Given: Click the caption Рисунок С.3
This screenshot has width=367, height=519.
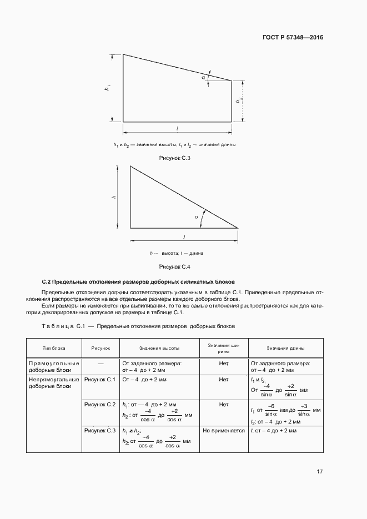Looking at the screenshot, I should [x=175, y=159].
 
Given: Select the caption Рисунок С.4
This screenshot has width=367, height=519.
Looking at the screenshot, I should [x=175, y=267].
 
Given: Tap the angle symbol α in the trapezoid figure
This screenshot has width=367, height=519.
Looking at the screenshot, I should [x=204, y=78].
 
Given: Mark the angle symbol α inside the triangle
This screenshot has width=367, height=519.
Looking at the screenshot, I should [x=197, y=218].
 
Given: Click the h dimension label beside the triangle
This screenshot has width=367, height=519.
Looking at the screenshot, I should [x=113, y=196].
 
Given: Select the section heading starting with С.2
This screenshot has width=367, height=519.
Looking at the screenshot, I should [x=139, y=281].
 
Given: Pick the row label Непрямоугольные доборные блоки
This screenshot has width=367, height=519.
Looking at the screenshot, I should [x=54, y=383].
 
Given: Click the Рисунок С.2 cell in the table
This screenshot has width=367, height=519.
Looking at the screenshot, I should [x=99, y=405].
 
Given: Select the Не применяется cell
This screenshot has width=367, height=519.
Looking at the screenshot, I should [x=223, y=430].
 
